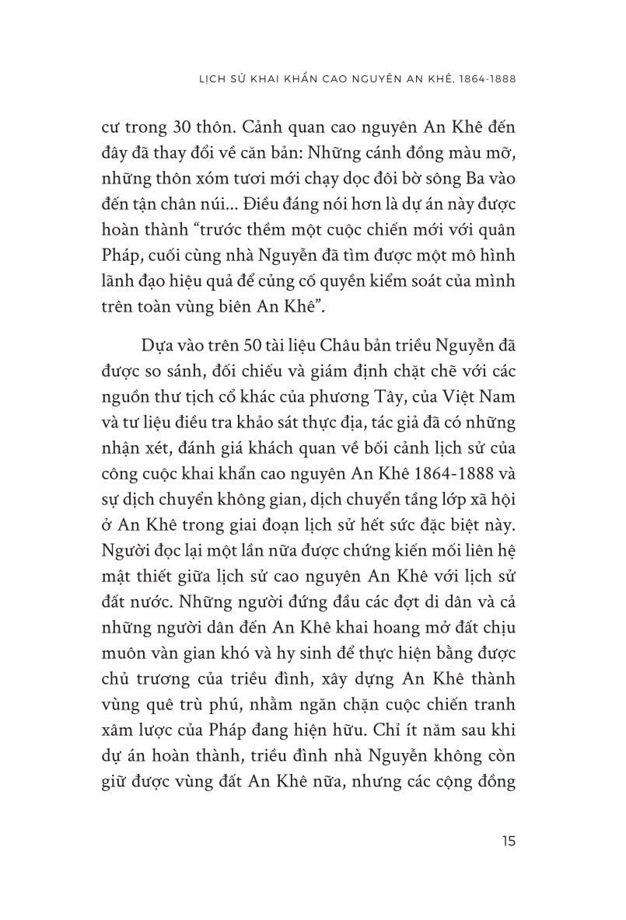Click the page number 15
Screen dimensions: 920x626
(509, 842)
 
